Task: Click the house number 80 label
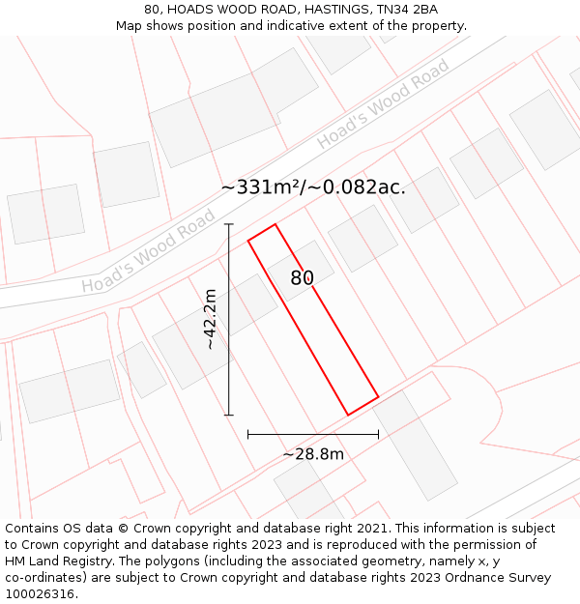coord(303,278)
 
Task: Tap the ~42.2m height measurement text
coord(210,320)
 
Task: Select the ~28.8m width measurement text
coord(313,453)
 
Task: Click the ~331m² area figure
coord(261,187)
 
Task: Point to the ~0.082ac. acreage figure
coord(359,187)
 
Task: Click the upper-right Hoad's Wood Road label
coord(383,104)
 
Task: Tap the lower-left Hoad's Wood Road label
coord(148,252)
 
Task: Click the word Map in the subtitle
coord(130,26)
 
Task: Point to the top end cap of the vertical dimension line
coord(229,224)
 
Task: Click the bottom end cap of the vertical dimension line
coord(229,416)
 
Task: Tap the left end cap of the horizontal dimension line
coord(248,435)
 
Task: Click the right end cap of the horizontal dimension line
coord(378,435)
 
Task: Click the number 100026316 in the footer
coord(40,594)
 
